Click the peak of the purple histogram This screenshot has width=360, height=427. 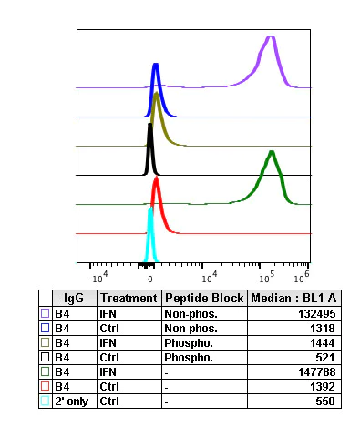click(270, 37)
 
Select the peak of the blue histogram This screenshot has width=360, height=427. click(156, 66)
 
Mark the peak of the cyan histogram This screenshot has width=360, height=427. click(151, 209)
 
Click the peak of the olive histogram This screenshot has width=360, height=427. click(157, 94)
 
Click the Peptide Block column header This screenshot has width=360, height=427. click(204, 298)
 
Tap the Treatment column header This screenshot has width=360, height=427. click(129, 298)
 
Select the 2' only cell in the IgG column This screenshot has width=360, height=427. click(72, 400)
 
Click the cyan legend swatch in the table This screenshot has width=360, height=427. click(46, 400)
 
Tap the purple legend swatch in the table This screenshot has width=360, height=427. click(46, 312)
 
